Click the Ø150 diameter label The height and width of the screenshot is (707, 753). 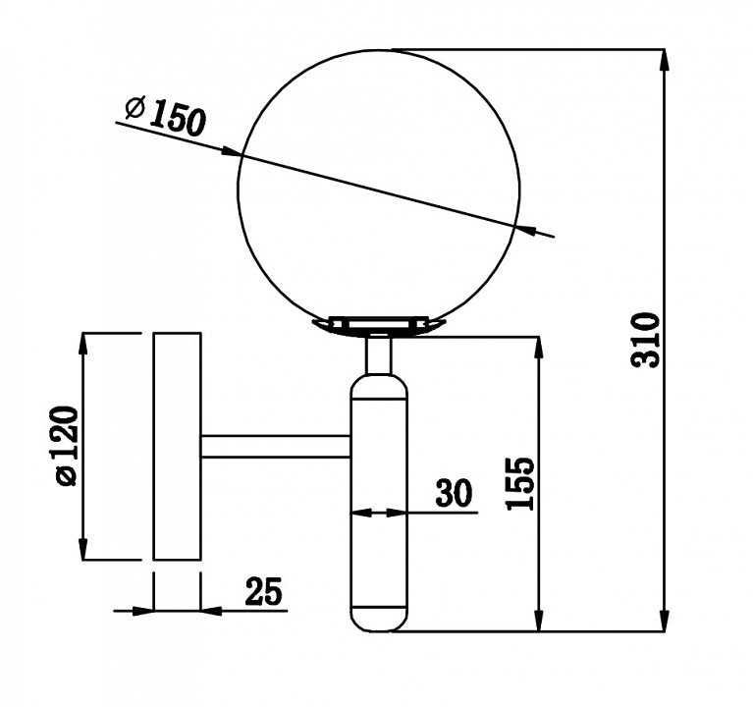pos(166,116)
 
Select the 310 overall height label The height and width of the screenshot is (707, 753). pos(646,341)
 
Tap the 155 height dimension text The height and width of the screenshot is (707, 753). pos(520,483)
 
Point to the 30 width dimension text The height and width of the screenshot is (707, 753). pos(454,493)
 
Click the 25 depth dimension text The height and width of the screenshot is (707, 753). pos(264,591)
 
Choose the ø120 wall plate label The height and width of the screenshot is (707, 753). pos(67,446)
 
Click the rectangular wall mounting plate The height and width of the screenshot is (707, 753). pos(177,446)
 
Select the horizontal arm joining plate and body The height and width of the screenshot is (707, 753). pos(276,446)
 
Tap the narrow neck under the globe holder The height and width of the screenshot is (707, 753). pos(379,355)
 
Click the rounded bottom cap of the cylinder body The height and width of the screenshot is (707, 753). pos(379,620)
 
